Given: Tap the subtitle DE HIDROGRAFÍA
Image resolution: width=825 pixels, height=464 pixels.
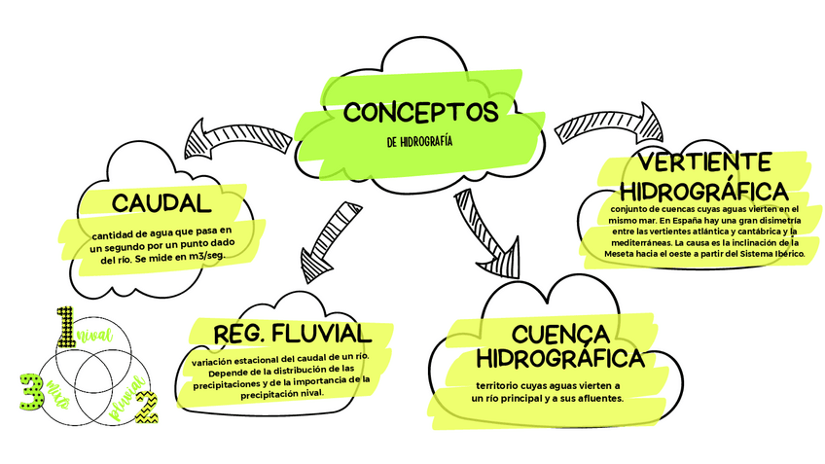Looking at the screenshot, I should [x=419, y=141].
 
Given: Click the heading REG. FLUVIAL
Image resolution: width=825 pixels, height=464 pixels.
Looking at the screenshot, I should [x=278, y=332].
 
